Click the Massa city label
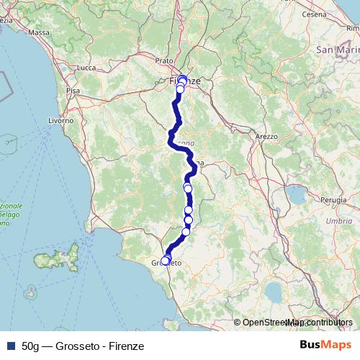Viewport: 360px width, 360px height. pos(39,33)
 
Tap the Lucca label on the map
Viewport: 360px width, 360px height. pos(86,68)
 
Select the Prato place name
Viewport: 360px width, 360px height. pos(164,61)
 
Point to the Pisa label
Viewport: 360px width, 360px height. pos(73,91)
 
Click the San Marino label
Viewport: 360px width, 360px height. pos(337,50)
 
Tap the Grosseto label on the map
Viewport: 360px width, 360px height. pos(166,264)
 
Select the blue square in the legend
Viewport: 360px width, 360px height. pos(9,346)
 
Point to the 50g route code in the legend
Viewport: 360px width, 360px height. pos(31,346)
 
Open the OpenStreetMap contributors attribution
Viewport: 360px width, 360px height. pos(297,323)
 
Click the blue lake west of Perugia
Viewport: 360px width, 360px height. pos(296,195)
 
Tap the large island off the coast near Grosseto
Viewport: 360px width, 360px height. pos(73,255)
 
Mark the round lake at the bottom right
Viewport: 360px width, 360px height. pos(275,291)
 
